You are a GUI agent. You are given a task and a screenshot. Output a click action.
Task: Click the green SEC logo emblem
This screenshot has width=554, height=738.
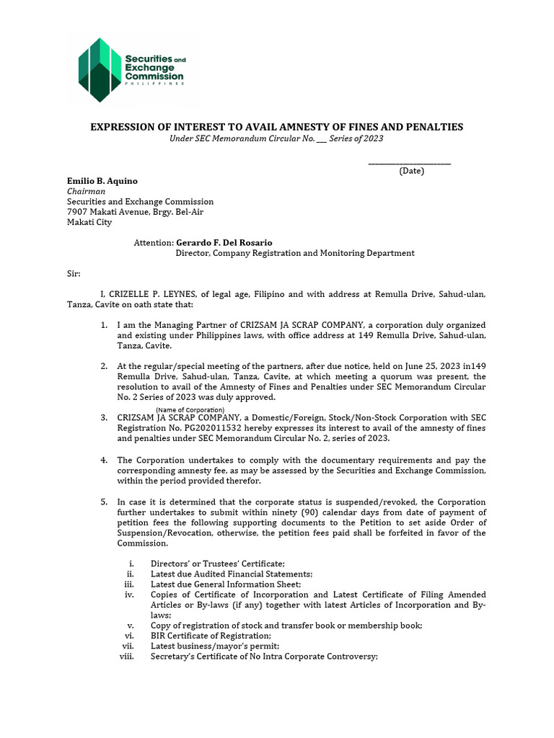point(98,69)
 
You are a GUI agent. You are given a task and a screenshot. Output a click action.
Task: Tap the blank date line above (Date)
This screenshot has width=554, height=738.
point(409,163)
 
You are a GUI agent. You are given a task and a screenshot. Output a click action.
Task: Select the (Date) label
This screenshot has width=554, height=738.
point(411,171)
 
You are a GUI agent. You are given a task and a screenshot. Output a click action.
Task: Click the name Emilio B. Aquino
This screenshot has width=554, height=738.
point(102,181)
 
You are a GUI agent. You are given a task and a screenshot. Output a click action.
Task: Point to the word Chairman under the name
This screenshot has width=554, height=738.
point(86,192)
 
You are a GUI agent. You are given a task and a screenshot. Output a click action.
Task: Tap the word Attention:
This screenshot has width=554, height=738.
point(154,243)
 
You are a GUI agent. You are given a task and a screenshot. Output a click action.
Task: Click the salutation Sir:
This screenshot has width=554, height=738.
point(74,274)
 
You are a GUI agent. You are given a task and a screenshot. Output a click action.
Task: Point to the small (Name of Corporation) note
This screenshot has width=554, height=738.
point(190,410)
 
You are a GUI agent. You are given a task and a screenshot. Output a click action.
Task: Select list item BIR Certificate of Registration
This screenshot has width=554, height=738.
point(211,636)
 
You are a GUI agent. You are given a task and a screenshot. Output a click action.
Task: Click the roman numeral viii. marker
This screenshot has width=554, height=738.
point(127,657)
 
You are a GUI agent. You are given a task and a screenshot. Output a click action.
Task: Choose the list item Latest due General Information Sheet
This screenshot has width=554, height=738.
point(225,584)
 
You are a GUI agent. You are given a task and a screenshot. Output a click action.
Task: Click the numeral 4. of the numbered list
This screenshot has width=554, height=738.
point(104,460)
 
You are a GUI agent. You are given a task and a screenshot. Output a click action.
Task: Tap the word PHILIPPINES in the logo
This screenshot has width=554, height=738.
point(154,83)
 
